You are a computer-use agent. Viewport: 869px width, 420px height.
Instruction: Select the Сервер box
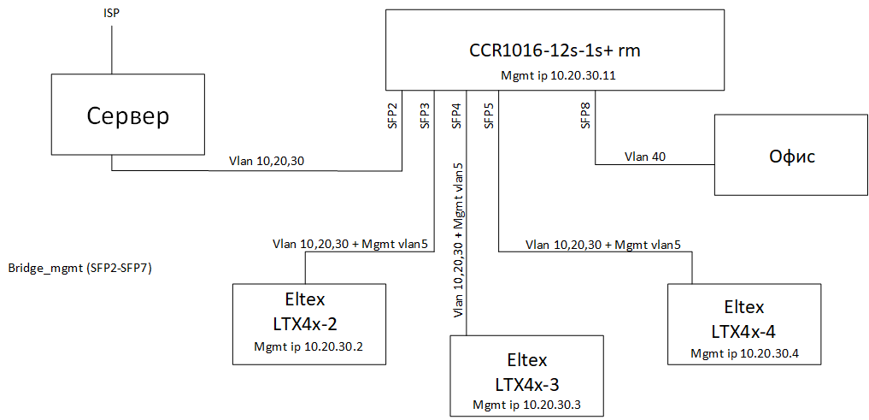coord(127,115)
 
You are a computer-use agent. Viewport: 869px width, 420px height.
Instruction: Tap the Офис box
coord(791,155)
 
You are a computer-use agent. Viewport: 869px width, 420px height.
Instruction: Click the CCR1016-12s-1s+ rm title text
coord(555,51)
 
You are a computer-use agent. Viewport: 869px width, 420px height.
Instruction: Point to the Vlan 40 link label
coord(646,157)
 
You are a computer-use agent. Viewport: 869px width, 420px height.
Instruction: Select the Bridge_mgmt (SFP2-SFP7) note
coord(80,269)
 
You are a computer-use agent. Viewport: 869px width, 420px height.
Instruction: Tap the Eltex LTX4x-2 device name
coord(309,311)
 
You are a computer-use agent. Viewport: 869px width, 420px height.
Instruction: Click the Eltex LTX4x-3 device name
coord(527,372)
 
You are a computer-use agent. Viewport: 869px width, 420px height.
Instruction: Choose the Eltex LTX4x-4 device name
coord(743,318)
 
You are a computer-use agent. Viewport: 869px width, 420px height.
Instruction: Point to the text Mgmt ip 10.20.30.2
coord(309,346)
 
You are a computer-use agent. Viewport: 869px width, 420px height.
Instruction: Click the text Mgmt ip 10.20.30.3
coord(526,404)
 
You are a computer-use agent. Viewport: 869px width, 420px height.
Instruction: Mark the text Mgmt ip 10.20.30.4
coord(744,353)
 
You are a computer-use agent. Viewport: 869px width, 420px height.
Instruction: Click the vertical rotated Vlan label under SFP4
coord(458,240)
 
